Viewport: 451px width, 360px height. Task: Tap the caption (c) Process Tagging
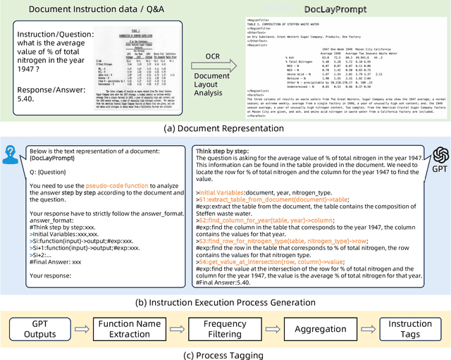point(225,354)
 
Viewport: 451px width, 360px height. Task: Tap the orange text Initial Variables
point(228,192)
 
